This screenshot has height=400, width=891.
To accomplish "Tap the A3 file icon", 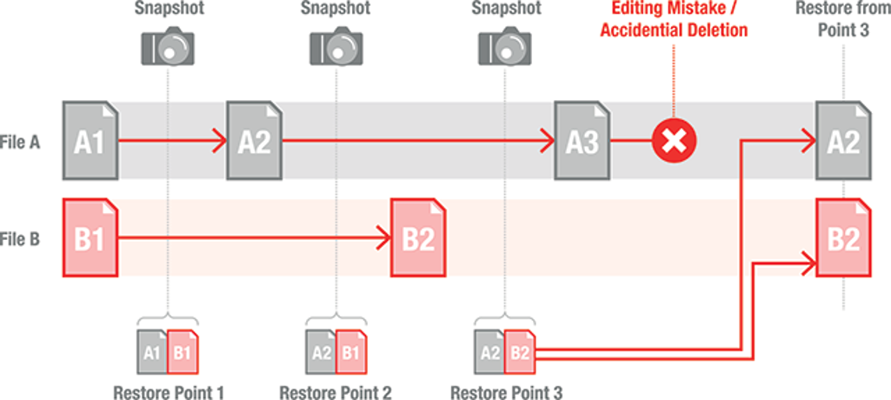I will [x=582, y=141].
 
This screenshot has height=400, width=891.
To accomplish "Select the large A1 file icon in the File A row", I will [x=90, y=141].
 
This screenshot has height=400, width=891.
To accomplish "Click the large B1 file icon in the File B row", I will [x=90, y=237].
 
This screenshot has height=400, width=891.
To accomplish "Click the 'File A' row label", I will [x=23, y=141].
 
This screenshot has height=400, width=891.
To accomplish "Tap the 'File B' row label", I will [x=23, y=237].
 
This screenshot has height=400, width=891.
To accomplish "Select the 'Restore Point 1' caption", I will [x=169, y=392].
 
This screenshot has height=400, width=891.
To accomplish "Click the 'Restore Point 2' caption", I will [x=336, y=392].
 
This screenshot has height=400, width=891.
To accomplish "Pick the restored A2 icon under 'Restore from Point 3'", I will [x=842, y=141].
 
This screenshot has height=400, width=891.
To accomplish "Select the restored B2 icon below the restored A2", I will [x=842, y=237].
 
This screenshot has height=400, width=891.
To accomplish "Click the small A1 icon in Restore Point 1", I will [x=152, y=352].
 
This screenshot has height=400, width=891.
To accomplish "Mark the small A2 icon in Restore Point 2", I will [x=320, y=352].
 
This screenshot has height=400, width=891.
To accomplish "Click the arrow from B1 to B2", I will [x=252, y=237].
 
